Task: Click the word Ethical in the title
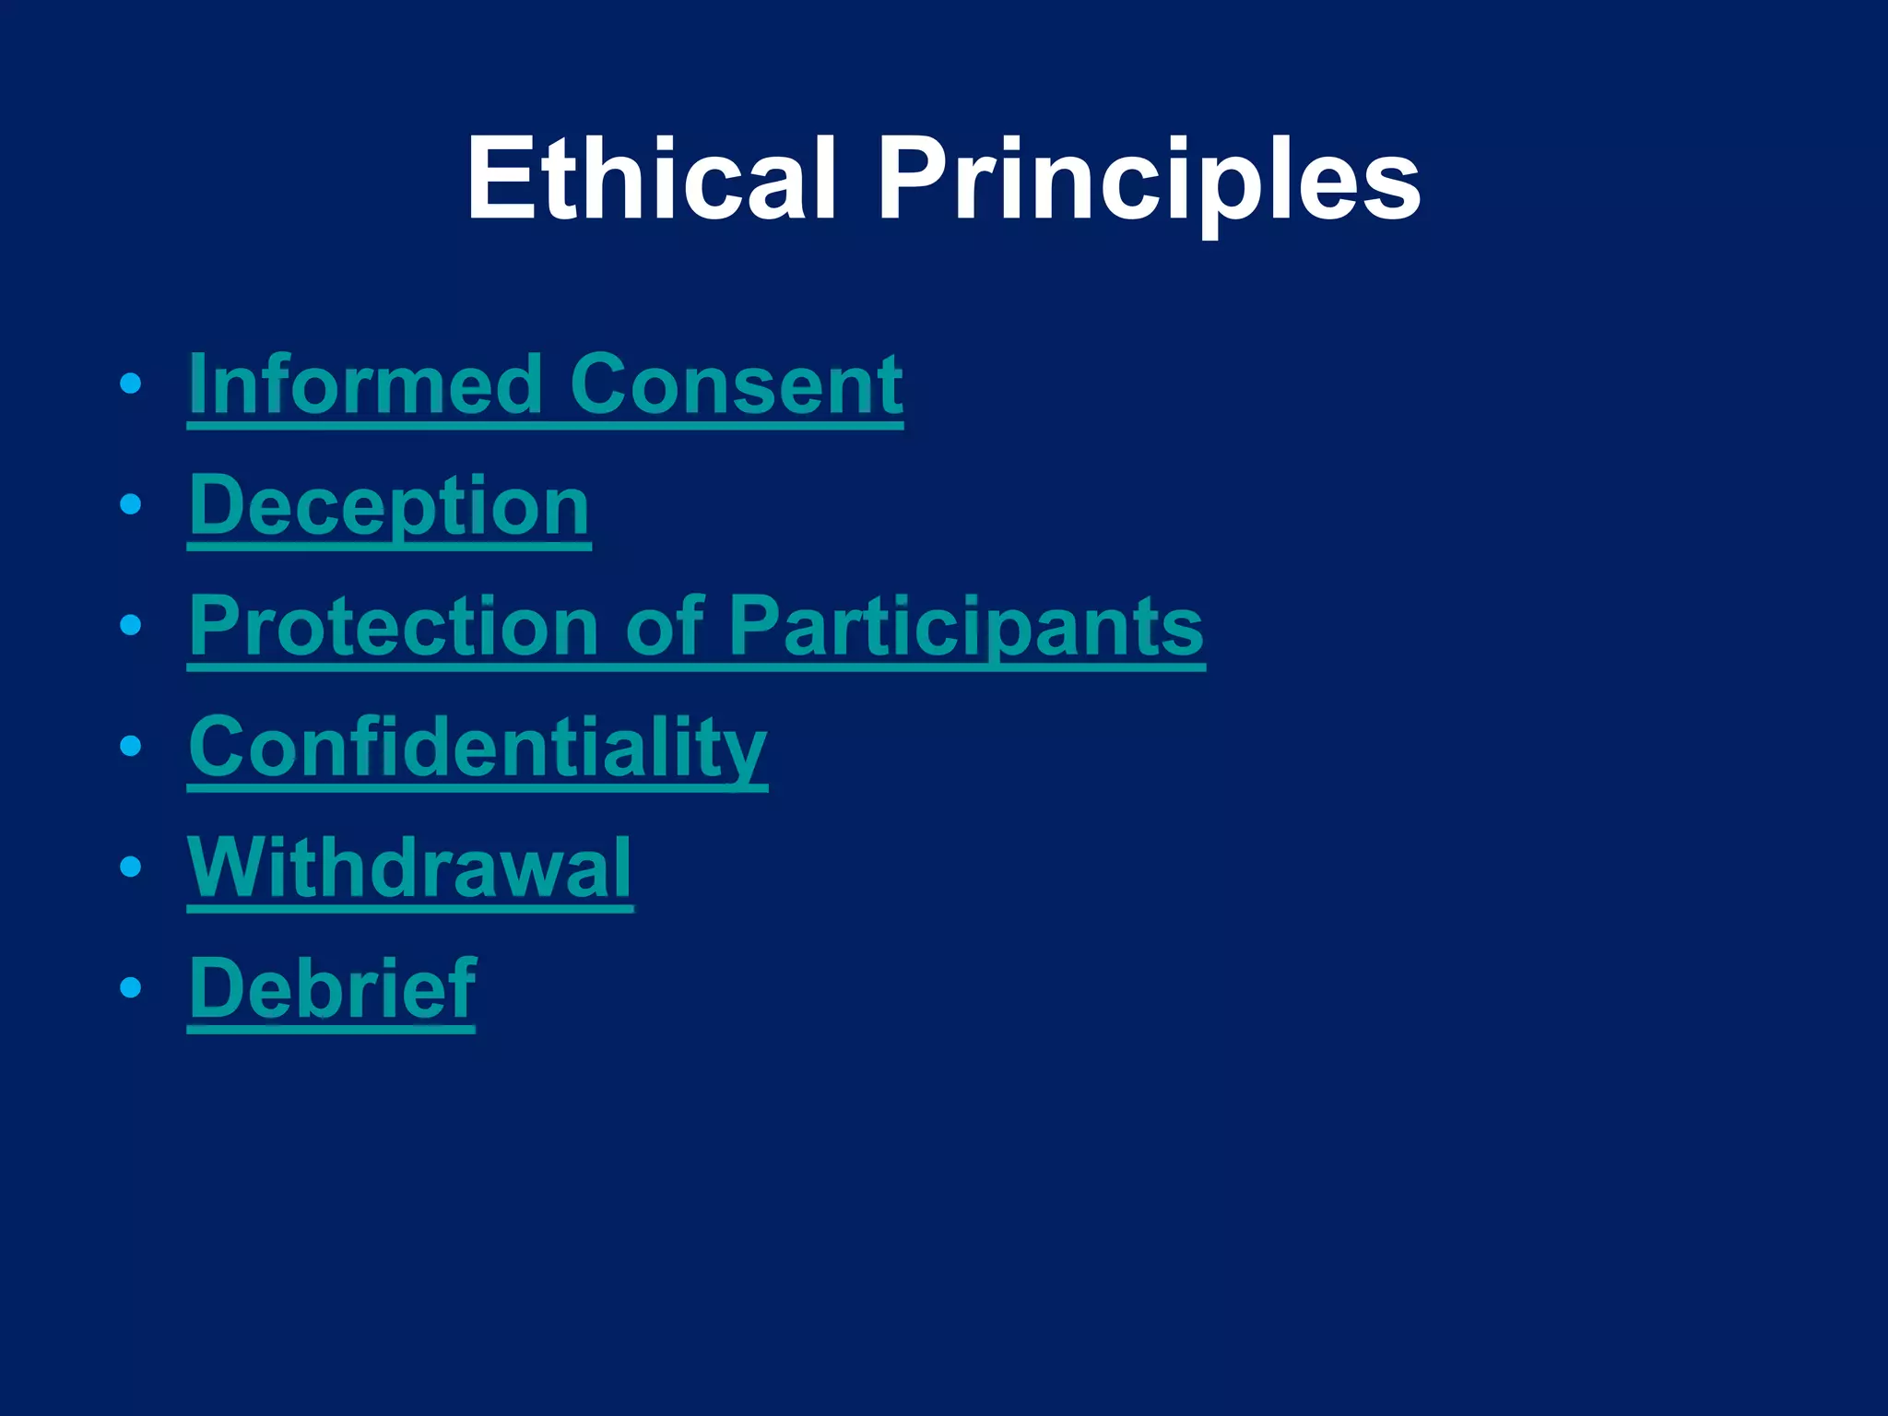[x=651, y=179]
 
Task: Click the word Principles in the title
[x=1149, y=179]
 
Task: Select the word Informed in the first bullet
[x=365, y=384]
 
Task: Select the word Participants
[x=966, y=626]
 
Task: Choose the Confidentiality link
[x=478, y=747]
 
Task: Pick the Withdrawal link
[x=410, y=867]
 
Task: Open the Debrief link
[x=333, y=988]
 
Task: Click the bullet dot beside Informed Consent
[x=131, y=383]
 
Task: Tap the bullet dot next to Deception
[x=131, y=504]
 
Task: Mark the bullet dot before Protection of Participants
[x=131, y=625]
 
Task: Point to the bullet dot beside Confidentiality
[x=131, y=746]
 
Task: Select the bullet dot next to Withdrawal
[x=131, y=867]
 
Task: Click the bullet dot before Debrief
[x=131, y=987]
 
